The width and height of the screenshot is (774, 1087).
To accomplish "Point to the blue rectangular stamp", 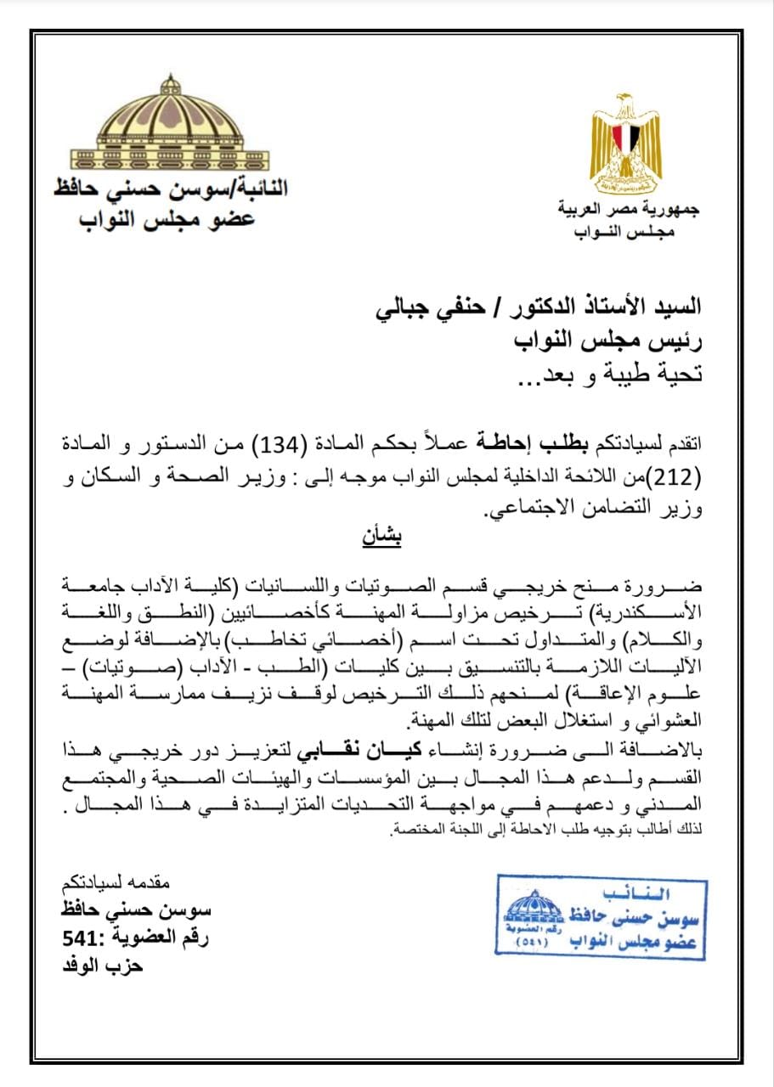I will pos(601,916).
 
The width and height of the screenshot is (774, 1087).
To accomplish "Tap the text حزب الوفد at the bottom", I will pos(104,966).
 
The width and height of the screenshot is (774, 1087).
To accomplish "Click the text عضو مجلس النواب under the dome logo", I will pos(167,219).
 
